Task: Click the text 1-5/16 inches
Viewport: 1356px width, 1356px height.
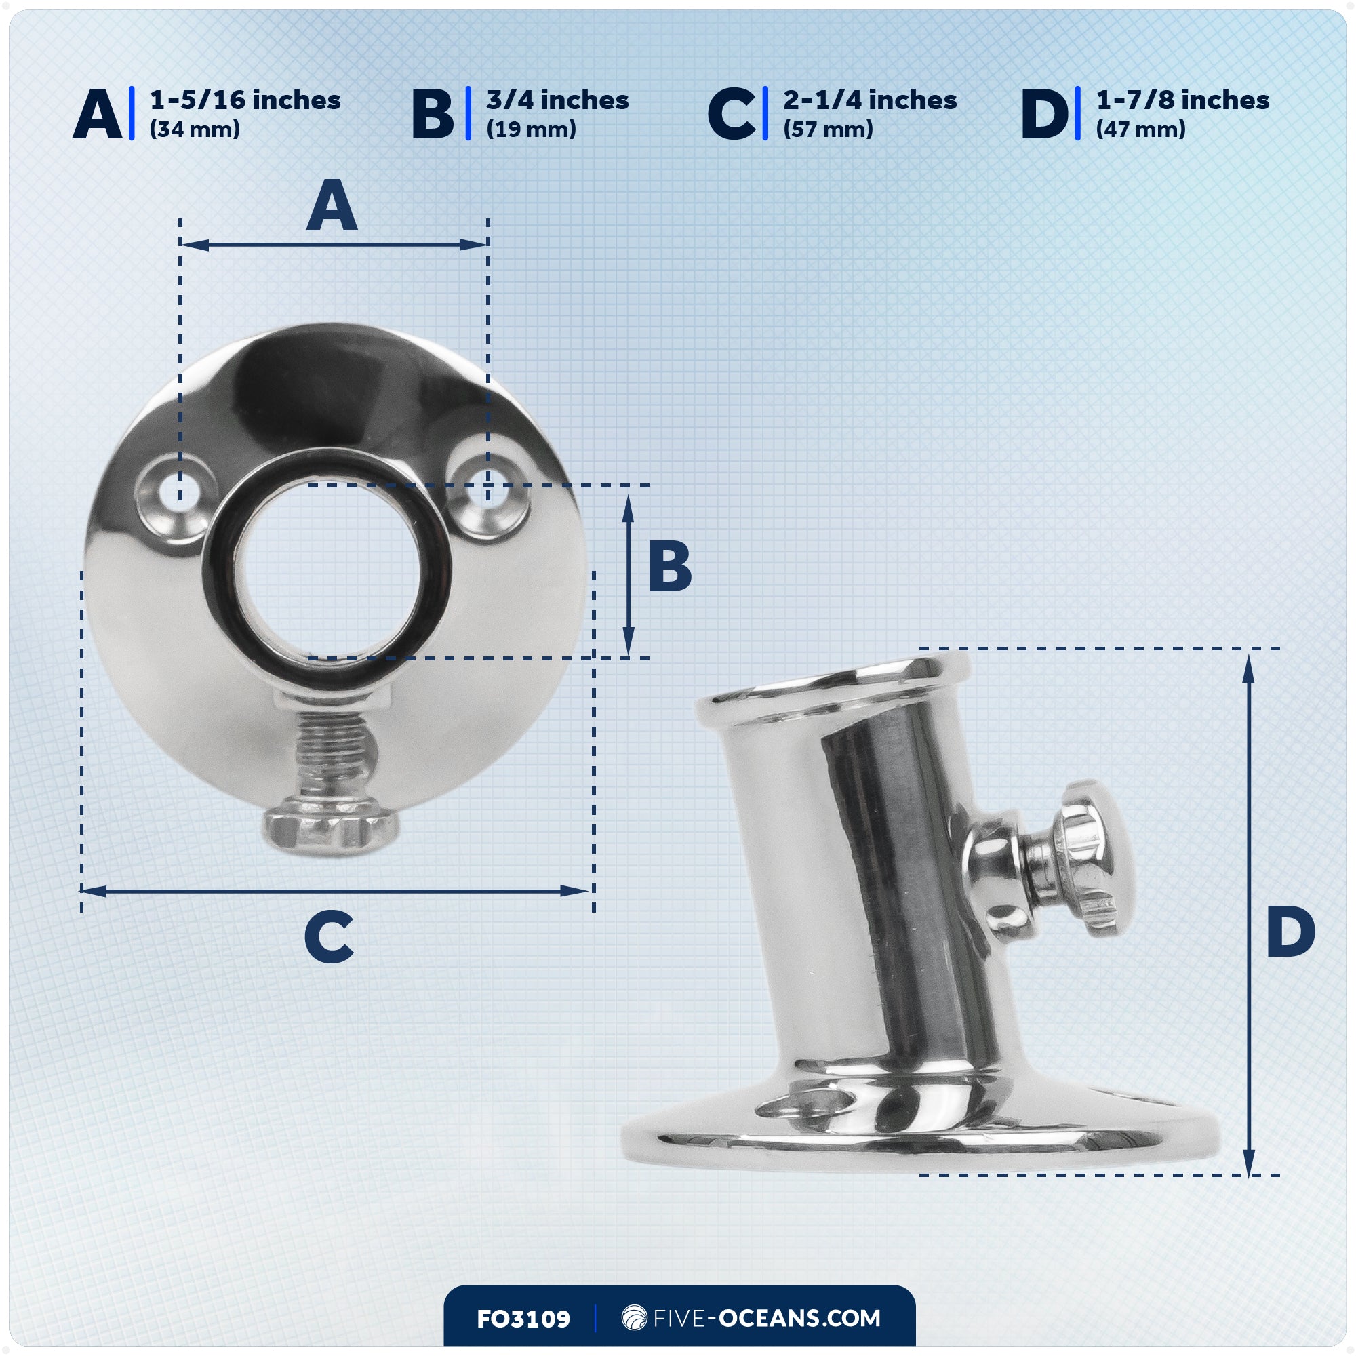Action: click(245, 100)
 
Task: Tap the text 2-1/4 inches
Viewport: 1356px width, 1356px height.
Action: click(870, 100)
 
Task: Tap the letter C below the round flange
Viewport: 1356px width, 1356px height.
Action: click(330, 938)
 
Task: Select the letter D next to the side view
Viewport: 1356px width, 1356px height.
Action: click(1290, 932)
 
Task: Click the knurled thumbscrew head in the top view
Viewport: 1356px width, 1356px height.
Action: click(332, 831)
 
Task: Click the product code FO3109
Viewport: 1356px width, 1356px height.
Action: click(523, 1319)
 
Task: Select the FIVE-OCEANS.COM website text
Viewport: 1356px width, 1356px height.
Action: click(766, 1318)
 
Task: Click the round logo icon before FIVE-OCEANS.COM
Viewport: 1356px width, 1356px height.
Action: click(634, 1317)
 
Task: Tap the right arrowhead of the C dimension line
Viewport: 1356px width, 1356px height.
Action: click(576, 891)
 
